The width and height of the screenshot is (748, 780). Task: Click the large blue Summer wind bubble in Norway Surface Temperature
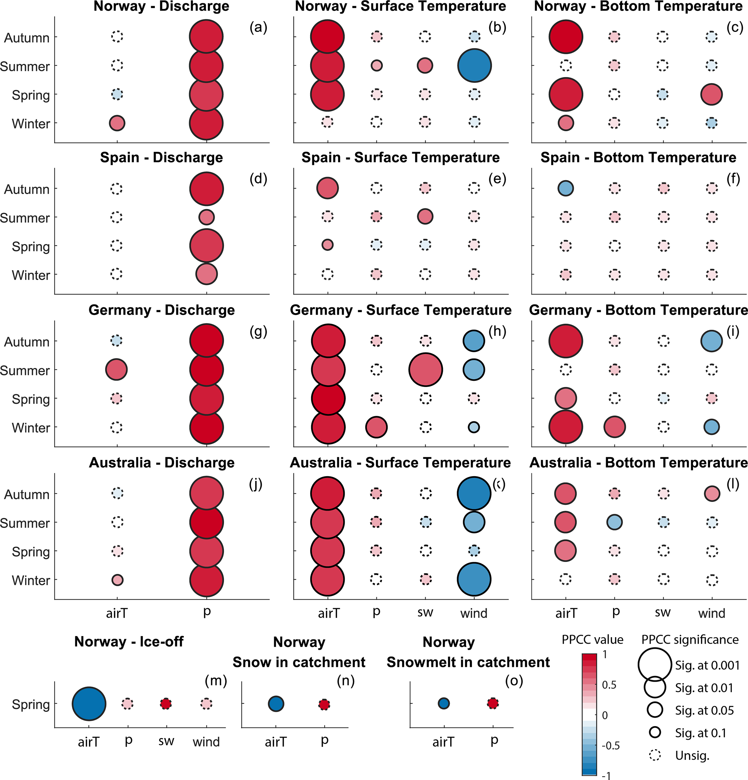[474, 66]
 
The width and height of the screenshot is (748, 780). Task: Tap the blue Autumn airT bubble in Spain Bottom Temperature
[566, 188]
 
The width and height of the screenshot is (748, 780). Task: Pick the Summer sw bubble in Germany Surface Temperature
[425, 370]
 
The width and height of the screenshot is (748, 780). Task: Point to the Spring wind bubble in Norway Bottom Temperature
[711, 94]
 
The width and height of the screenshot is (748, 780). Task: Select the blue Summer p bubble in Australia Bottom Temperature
[614, 522]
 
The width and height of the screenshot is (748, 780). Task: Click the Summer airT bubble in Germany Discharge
[116, 370]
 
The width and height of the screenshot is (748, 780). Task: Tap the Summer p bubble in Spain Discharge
[206, 217]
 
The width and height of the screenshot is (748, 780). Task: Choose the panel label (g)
[258, 331]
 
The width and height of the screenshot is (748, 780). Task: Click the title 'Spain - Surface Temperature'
[400, 158]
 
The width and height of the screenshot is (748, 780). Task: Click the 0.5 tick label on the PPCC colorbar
[609, 685]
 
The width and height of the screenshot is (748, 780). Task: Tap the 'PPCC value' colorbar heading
[592, 640]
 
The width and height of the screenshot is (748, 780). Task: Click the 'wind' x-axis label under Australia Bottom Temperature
[711, 613]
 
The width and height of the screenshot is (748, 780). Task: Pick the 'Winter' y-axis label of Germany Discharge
[31, 428]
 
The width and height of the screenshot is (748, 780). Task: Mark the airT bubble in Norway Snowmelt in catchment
[444, 704]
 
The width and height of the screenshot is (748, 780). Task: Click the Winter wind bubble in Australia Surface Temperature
[474, 579]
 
